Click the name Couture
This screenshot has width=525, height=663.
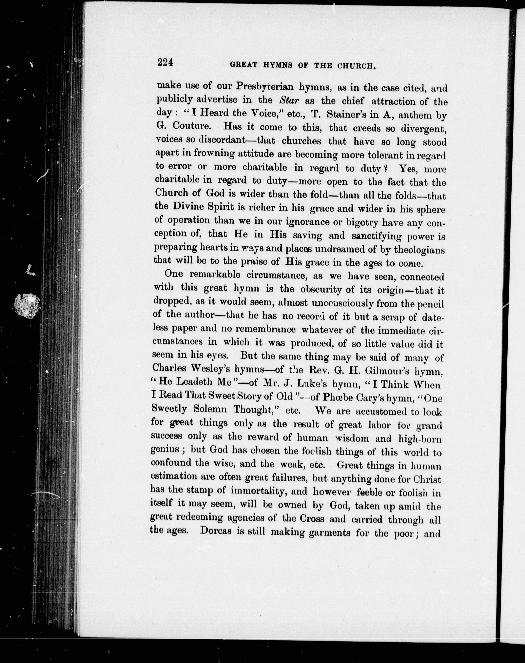pos(193,126)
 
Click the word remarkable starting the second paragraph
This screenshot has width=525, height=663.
pos(216,274)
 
